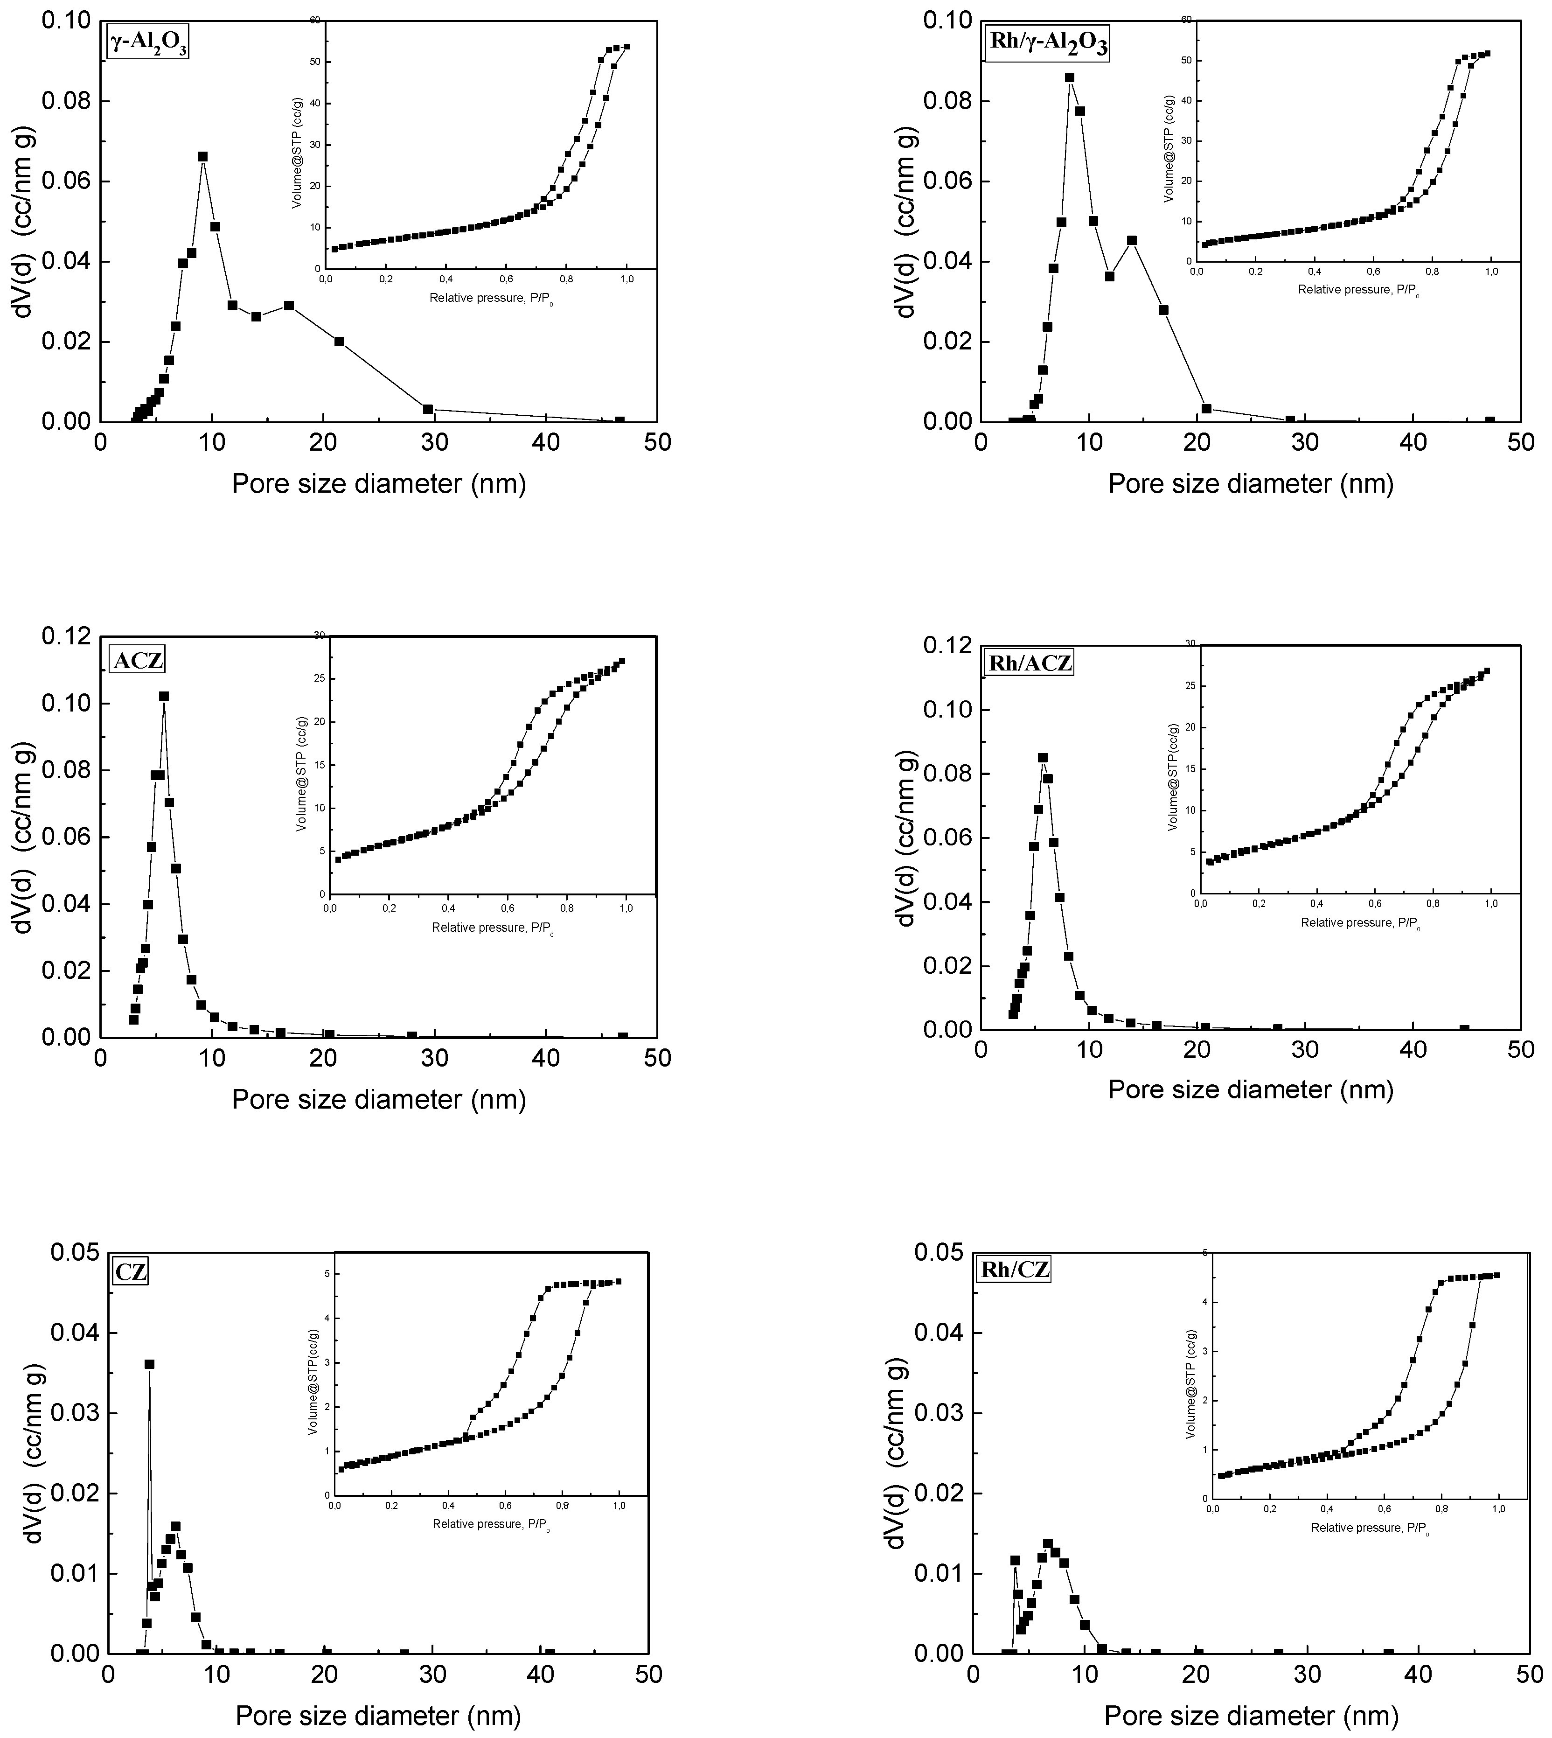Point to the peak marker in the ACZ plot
tap(164, 696)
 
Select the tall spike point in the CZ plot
tap(149, 1364)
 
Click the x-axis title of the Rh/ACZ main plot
tap(1250, 1089)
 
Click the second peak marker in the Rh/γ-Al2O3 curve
tap(1132, 240)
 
